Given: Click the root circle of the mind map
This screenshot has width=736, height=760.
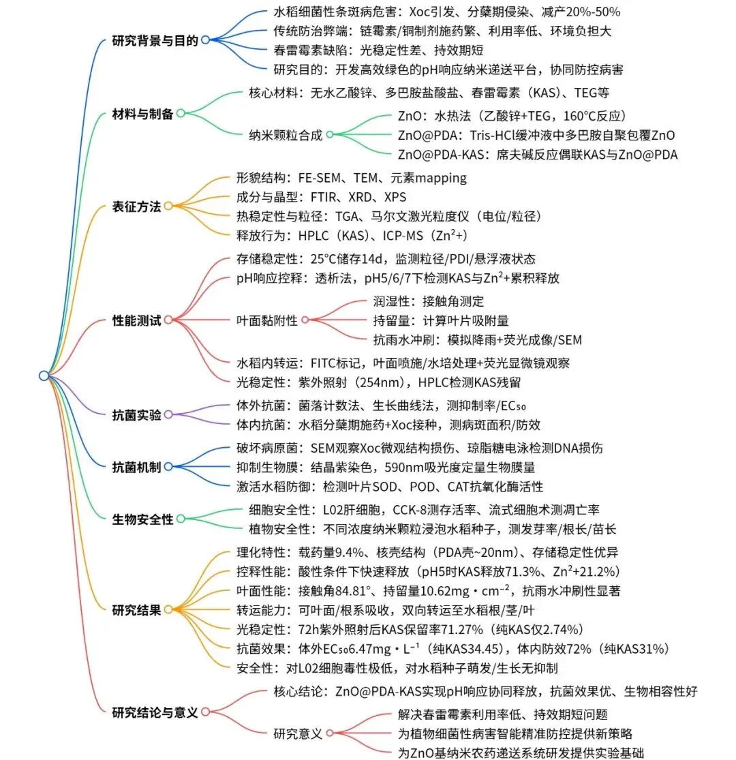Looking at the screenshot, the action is tap(44, 376).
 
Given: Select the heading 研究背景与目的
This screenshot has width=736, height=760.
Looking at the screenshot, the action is tap(155, 41).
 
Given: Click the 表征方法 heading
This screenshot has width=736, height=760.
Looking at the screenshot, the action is tap(136, 207).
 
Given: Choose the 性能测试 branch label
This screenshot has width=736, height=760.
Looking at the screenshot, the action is tap(136, 320).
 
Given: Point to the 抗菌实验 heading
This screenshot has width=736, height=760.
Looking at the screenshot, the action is tap(136, 414).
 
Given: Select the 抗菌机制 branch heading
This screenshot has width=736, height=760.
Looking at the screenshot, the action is tap(136, 467).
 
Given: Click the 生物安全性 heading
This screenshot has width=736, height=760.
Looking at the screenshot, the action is tap(142, 519).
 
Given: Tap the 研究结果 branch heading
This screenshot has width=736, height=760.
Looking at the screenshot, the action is tap(136, 610).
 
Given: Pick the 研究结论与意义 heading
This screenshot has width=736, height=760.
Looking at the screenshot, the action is tap(155, 713).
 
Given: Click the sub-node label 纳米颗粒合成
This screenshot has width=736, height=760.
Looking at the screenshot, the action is tap(286, 135).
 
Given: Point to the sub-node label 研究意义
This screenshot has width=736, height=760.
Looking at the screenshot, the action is tap(298, 733).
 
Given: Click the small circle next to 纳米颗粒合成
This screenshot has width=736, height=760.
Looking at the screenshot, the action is tap(329, 135).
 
